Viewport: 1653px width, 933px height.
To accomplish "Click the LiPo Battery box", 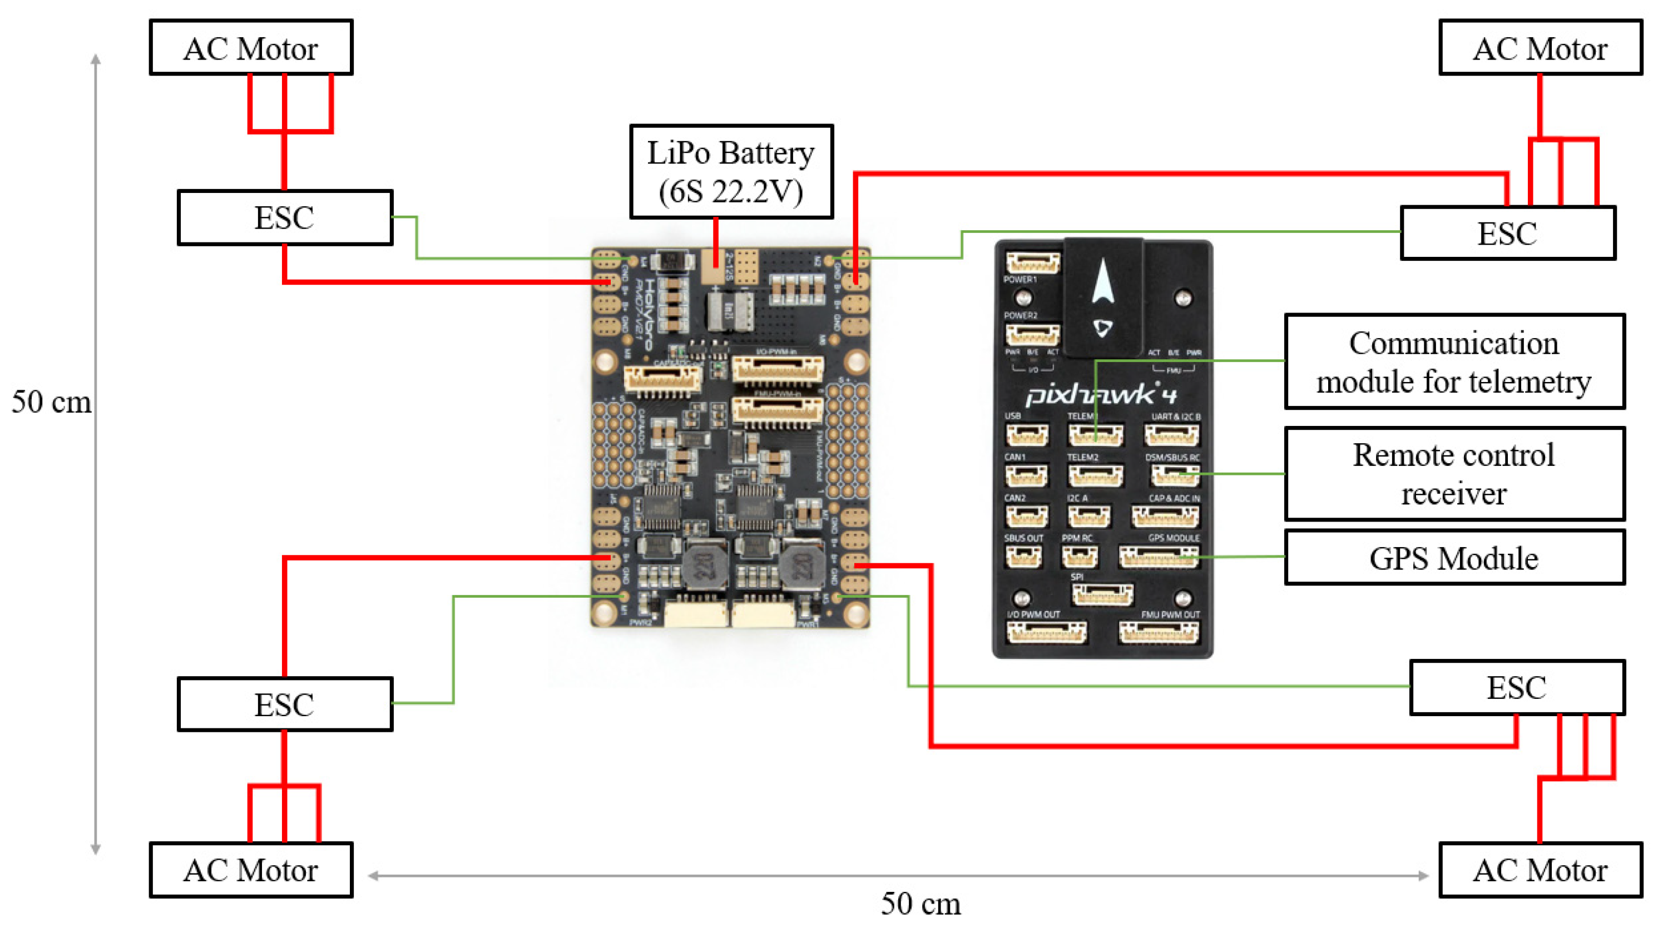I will click(x=731, y=172).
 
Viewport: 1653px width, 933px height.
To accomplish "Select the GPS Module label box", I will click(x=1454, y=558).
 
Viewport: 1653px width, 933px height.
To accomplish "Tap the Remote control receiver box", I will click(x=1454, y=474).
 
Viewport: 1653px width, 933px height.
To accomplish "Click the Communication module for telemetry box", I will click(x=1454, y=361).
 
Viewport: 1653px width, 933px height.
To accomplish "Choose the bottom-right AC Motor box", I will click(x=1540, y=870).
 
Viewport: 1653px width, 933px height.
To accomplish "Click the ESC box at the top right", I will click(x=1507, y=233).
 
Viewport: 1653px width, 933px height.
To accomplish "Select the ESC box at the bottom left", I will click(x=285, y=704).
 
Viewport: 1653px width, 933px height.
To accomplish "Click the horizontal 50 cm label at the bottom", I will click(x=921, y=904).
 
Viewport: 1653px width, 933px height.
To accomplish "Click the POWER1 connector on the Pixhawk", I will click(x=1032, y=262).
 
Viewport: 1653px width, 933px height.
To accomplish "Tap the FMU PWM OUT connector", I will click(x=1159, y=633).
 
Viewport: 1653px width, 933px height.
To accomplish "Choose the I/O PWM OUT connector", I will click(x=1047, y=633).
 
